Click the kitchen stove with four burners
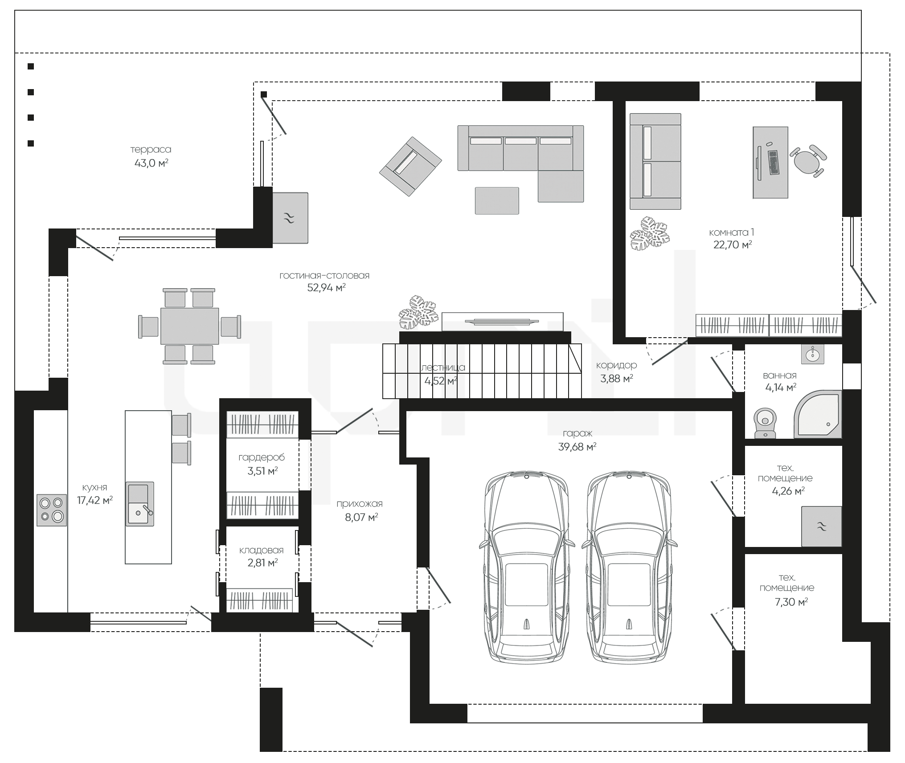coord(52,510)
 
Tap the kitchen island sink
coord(140,504)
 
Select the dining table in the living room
coord(190,326)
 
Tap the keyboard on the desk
coord(773,163)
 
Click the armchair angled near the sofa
coord(410,166)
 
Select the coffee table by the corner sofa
coord(497,200)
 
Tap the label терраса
coord(151,150)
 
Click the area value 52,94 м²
coord(327,288)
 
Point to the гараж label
coord(577,433)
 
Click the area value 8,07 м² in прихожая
coord(361,517)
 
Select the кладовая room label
coord(261,551)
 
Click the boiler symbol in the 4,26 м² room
coord(822,526)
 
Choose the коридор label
coord(617,366)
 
